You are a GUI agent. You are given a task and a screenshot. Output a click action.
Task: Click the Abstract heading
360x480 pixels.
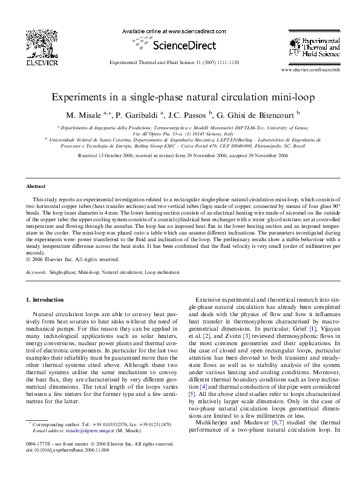37,187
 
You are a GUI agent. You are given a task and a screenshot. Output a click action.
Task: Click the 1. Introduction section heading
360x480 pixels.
45,300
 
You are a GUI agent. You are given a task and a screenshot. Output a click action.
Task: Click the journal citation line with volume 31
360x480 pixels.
180,62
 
